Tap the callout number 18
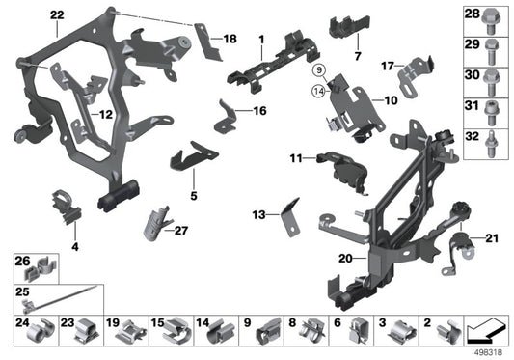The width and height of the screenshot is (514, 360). [x=230, y=39]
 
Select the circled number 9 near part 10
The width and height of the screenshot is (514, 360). [x=317, y=70]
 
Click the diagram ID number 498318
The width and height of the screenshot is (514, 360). [x=491, y=350]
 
